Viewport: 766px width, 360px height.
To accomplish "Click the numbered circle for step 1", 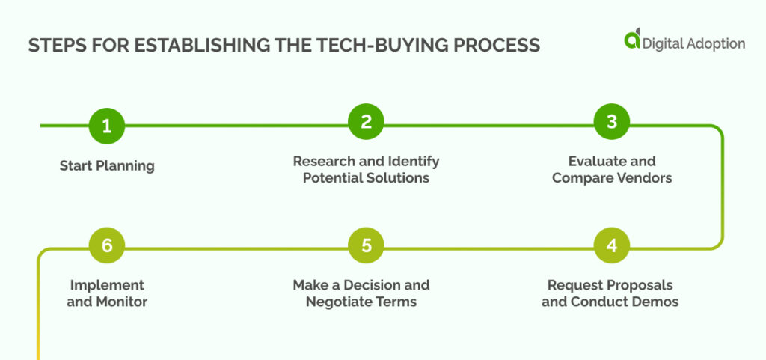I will [x=107, y=126].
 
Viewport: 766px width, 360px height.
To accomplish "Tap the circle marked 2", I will [x=367, y=122].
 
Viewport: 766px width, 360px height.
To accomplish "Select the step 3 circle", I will [x=611, y=122].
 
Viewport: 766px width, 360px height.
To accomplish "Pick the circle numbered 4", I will [x=611, y=246].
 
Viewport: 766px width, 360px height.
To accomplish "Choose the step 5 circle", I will [x=367, y=246].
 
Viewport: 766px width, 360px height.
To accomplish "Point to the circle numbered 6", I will [x=107, y=246].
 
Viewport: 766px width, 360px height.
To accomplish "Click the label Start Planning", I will [x=107, y=165].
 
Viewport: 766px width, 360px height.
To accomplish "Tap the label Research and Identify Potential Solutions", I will [x=366, y=169].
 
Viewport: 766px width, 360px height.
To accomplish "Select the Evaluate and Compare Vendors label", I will [x=611, y=169].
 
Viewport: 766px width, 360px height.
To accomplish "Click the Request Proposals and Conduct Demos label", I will [x=610, y=293].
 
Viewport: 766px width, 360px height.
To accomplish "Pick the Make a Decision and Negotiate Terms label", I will [x=361, y=293].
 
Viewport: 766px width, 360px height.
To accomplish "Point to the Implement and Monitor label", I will [x=107, y=293].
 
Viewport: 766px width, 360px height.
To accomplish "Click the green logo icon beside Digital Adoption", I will [x=633, y=40].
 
